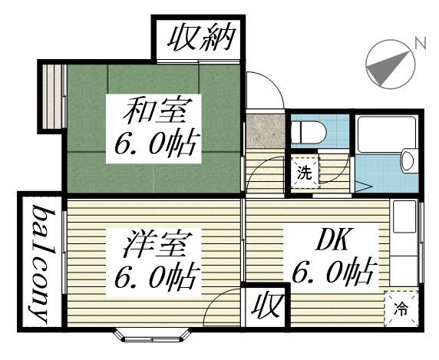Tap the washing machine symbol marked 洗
[x=305, y=173]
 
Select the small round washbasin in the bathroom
[x=408, y=160]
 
